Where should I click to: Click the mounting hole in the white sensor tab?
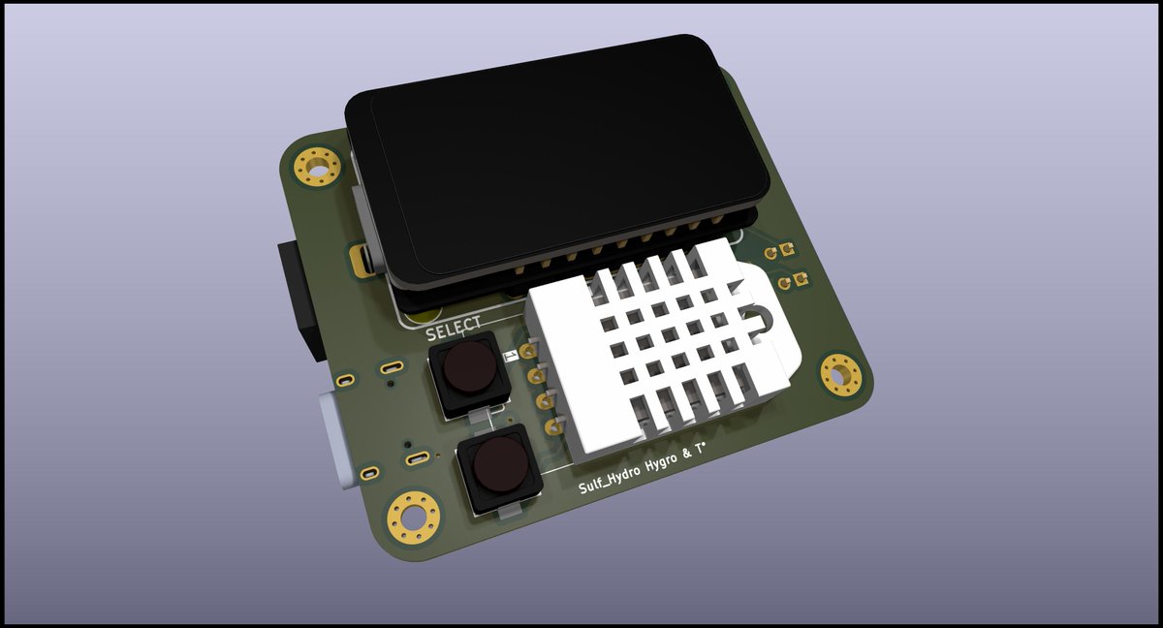pyautogui.click(x=758, y=319)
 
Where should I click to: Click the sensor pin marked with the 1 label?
pyautogui.click(x=529, y=350)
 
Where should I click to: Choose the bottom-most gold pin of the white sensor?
pyautogui.click(x=555, y=425)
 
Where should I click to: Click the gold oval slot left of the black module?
pyautogui.click(x=364, y=260)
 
